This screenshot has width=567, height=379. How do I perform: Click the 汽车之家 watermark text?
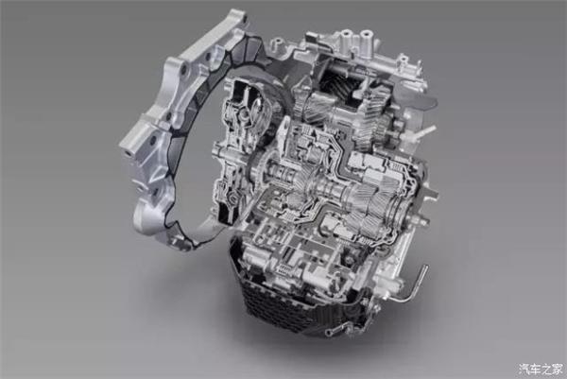[x=541, y=369]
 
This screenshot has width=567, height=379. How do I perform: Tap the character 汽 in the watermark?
[x=524, y=369]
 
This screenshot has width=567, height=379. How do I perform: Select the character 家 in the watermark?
[x=558, y=369]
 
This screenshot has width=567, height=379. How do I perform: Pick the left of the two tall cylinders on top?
[x=346, y=43]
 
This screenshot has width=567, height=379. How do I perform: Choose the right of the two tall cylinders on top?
[x=366, y=43]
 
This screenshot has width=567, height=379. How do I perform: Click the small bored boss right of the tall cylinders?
[x=403, y=59]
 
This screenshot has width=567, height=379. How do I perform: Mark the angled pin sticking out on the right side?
[x=427, y=131]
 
